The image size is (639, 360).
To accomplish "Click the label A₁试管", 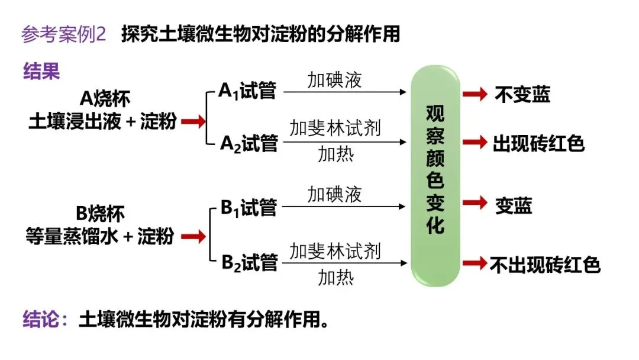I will point(247,92).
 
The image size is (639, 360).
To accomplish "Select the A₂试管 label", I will point(249,143).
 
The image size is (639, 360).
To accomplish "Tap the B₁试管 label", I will point(249,207).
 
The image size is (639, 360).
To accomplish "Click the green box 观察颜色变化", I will point(435,176).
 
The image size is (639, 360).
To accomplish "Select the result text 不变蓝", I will point(522,94).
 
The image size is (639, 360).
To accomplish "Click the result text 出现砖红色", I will point(538,143).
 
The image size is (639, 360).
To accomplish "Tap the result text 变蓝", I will point(514,205).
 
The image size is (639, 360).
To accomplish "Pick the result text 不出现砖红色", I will point(546,264).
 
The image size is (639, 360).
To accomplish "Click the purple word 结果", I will point(41,72).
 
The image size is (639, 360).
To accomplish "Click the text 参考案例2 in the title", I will point(64,34).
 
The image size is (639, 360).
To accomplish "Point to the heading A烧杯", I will point(104,97).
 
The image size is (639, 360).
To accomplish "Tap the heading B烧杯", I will point(100,213).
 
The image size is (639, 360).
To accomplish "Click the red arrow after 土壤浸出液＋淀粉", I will point(193,121).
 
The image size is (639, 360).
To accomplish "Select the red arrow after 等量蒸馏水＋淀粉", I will point(193,237).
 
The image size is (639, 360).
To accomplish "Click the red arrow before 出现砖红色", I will point(475,143).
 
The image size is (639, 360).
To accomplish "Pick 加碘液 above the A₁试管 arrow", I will point(334,80).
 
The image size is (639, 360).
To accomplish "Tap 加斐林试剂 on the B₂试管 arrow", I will point(335,251).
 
